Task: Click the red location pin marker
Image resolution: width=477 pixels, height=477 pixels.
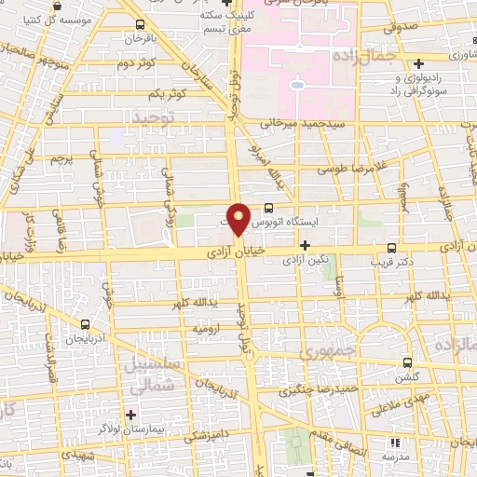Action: click(x=239, y=218)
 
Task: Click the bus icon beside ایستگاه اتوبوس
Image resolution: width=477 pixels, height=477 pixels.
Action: click(x=268, y=209)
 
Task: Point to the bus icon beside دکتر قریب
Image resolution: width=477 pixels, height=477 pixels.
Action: click(x=392, y=249)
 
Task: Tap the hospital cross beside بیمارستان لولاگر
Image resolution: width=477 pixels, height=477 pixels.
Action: click(x=129, y=414)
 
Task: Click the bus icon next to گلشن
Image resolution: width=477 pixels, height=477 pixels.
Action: click(x=407, y=362)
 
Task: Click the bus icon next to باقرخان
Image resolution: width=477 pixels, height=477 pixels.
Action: click(x=139, y=25)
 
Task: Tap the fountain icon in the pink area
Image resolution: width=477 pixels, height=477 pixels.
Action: click(x=296, y=86)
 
